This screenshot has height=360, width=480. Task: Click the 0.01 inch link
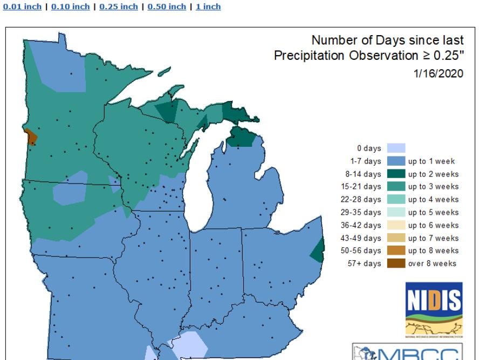pos(22,6)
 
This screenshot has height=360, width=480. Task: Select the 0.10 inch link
pos(70,6)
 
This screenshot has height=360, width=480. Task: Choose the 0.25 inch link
pos(117,6)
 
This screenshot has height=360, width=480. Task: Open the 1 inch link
pos(208,6)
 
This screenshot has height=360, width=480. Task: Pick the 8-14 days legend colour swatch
pos(396,174)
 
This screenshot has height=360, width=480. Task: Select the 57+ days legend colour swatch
pos(396,263)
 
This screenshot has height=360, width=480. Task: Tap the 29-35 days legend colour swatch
pos(396,212)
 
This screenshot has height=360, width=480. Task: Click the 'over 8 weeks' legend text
pos(432,263)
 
